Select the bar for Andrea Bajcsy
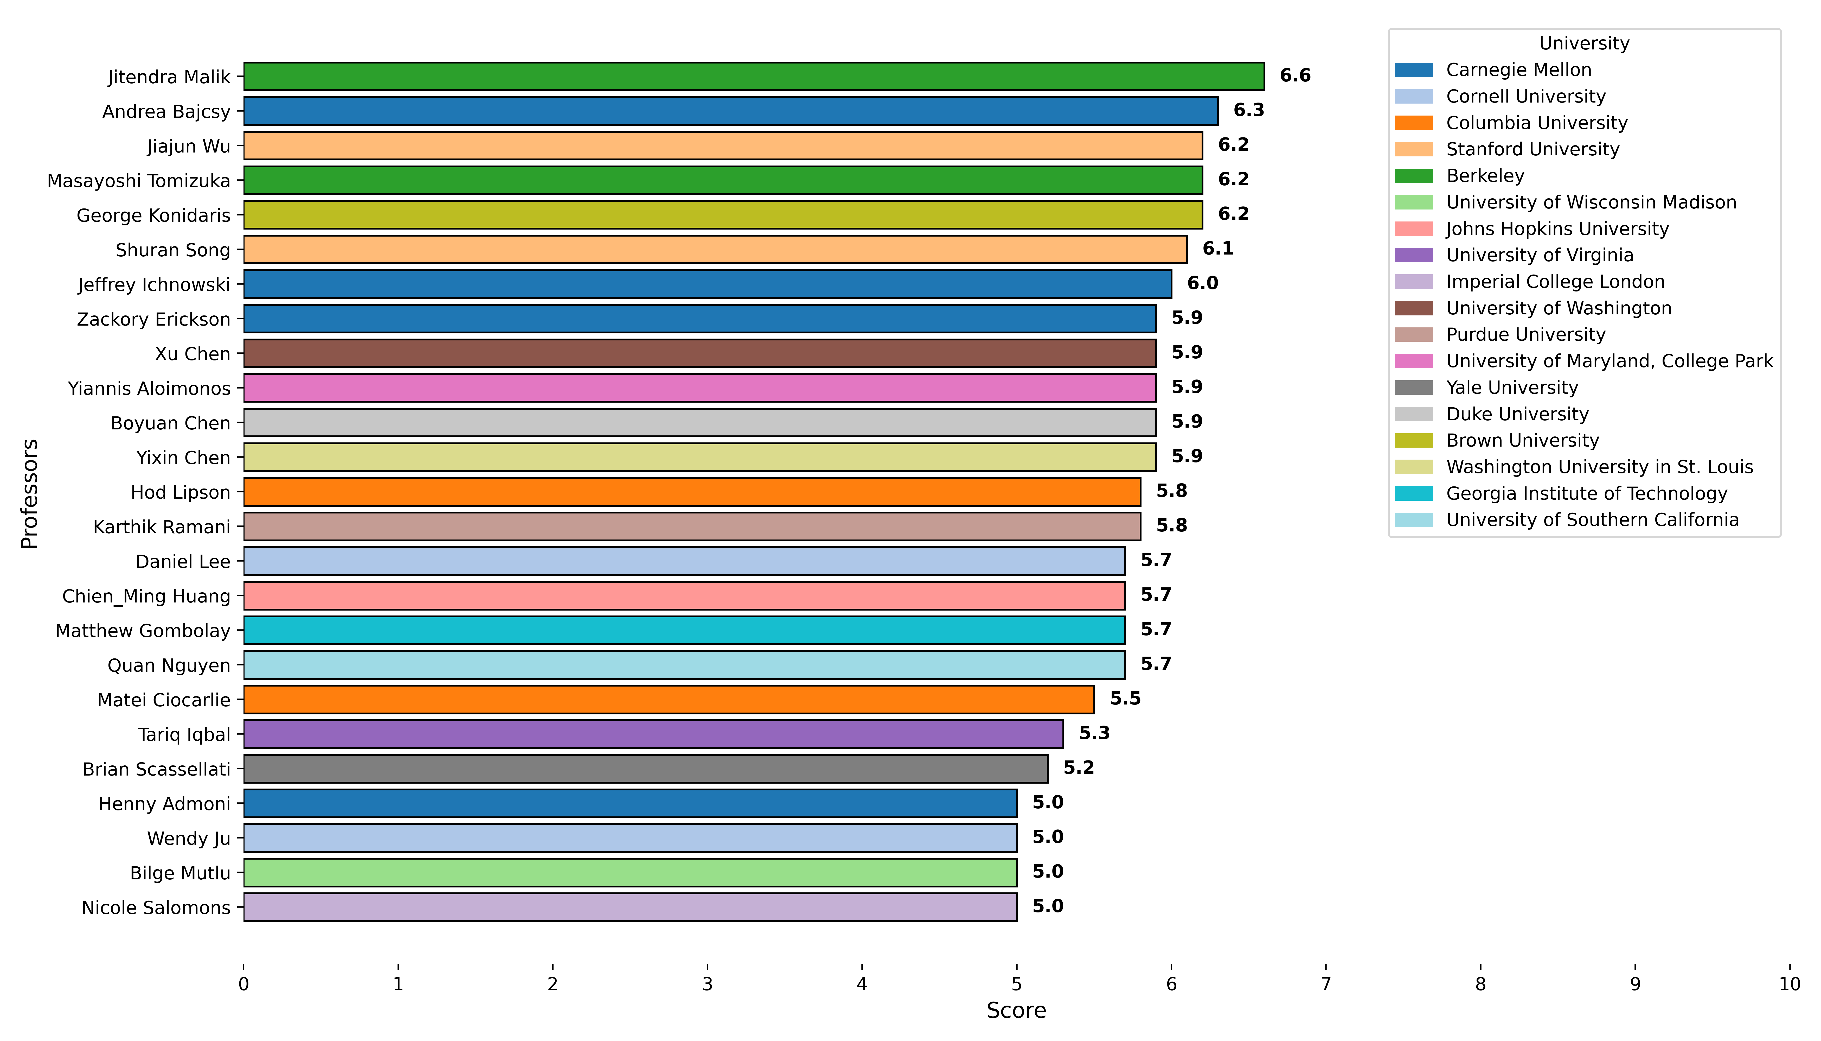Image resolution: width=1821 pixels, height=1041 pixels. pos(730,111)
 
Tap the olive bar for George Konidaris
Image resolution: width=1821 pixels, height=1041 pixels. pos(722,214)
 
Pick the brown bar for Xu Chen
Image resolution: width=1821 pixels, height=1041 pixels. pos(700,353)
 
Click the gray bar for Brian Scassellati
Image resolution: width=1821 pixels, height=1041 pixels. pos(645,769)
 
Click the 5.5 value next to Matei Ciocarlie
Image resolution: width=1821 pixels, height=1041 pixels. pos(1125,699)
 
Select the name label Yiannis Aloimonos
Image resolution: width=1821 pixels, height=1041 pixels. pos(149,388)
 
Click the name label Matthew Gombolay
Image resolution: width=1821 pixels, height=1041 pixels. pos(143,631)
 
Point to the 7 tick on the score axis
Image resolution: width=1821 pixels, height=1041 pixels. pos(1326,984)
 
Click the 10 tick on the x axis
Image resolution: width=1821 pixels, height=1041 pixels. pos(1789,984)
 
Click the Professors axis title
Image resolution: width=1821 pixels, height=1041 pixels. pos(29,493)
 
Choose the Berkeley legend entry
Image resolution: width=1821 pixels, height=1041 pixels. pos(1485,176)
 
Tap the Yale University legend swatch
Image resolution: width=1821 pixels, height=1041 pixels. pos(1414,388)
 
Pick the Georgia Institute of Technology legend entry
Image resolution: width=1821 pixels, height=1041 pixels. pos(1587,493)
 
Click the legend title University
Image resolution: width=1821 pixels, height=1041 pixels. pos(1584,44)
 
